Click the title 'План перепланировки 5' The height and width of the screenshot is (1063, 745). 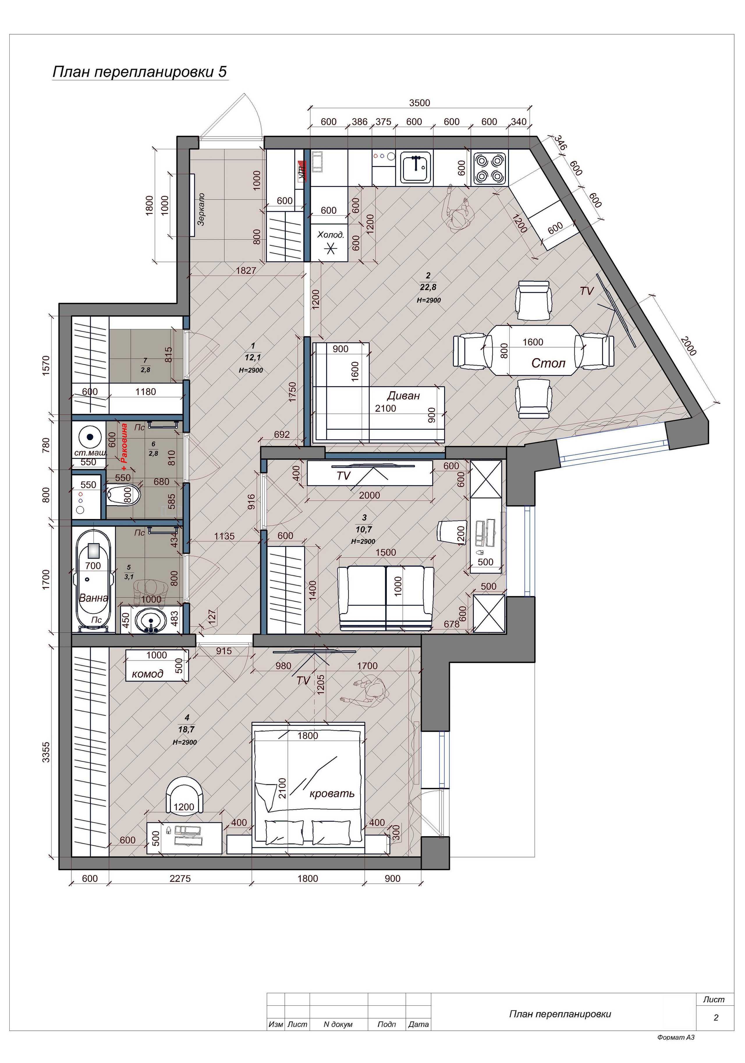point(140,72)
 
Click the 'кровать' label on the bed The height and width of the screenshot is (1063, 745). point(332,793)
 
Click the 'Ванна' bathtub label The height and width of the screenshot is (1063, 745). point(94,598)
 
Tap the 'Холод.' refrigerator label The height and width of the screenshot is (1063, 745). point(330,235)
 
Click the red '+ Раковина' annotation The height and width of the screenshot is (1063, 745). point(123,443)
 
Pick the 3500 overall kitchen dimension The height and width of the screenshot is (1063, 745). point(419,103)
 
